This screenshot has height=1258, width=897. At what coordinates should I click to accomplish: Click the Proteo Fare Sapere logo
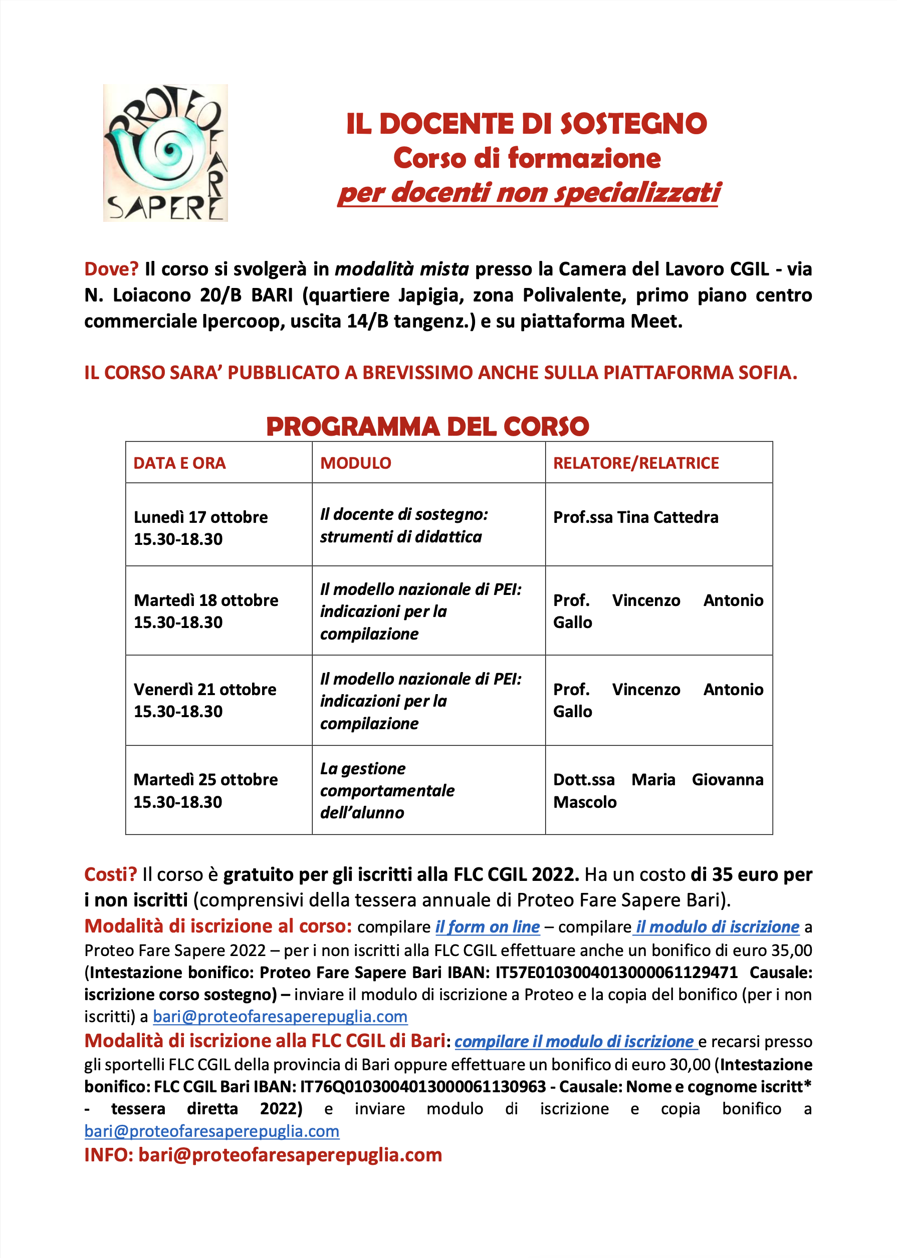[x=165, y=153]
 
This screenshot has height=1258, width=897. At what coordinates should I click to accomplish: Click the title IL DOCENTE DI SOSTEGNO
[x=526, y=124]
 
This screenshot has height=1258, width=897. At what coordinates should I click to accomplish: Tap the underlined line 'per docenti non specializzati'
[x=529, y=193]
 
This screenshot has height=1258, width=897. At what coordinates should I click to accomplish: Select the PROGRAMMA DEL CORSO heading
[x=427, y=427]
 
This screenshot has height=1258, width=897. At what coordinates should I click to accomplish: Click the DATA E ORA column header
[x=179, y=463]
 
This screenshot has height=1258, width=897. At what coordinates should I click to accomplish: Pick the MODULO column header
[x=356, y=463]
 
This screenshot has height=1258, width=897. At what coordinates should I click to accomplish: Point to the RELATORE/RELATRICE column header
[x=636, y=463]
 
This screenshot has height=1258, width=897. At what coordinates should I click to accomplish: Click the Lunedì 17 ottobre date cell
[x=200, y=528]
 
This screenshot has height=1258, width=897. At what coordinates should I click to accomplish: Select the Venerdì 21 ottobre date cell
[x=205, y=700]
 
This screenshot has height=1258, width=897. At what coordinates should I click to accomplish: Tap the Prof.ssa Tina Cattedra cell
[x=636, y=517]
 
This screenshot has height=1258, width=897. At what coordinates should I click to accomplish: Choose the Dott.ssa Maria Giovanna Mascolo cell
[x=658, y=790]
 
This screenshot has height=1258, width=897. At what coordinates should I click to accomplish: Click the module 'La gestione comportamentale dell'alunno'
[x=387, y=790]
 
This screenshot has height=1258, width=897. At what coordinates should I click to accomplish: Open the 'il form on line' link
[x=487, y=927]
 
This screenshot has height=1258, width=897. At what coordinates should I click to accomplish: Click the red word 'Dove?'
[x=111, y=269]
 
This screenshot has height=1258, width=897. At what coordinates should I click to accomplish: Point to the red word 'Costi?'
[x=110, y=874]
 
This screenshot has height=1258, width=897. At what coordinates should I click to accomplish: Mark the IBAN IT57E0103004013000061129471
[x=616, y=972]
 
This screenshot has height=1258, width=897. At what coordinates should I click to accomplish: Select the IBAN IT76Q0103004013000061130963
[x=422, y=1086]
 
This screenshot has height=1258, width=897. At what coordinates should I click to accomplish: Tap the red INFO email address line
[x=263, y=1155]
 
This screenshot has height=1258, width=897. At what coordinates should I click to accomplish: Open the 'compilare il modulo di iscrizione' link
[x=574, y=1041]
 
